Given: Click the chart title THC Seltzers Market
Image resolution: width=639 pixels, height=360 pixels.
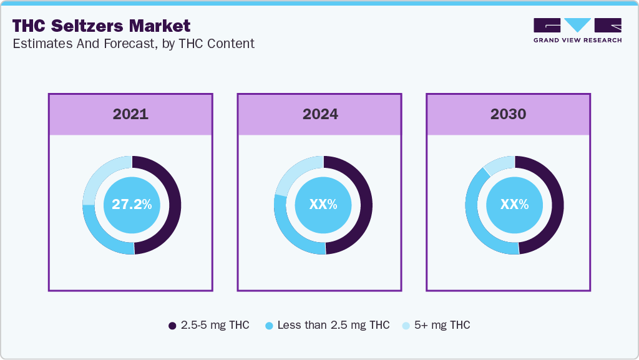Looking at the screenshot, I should (101, 26).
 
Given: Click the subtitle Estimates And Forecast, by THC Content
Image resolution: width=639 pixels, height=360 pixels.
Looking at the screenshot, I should (133, 44).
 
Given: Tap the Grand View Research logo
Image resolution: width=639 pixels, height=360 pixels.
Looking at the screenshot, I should (577, 30).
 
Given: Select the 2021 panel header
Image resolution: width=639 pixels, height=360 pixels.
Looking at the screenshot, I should (130, 114).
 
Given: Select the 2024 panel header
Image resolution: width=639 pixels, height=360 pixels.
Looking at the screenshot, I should (320, 114).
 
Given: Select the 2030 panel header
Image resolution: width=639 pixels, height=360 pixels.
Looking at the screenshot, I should (508, 114).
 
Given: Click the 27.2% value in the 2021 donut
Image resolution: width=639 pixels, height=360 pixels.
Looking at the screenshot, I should (132, 205).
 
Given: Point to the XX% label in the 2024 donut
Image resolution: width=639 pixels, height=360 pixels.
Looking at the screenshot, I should (323, 205).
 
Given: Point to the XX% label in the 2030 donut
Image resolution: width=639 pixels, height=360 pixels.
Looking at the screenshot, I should (514, 205).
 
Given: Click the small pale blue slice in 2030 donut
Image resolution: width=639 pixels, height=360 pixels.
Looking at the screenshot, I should (500, 164).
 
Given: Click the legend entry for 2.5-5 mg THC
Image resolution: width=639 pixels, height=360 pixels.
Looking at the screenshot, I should (209, 325).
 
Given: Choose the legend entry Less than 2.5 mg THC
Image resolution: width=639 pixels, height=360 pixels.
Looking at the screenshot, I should (327, 325).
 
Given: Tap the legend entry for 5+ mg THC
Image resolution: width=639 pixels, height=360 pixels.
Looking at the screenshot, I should (436, 325).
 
